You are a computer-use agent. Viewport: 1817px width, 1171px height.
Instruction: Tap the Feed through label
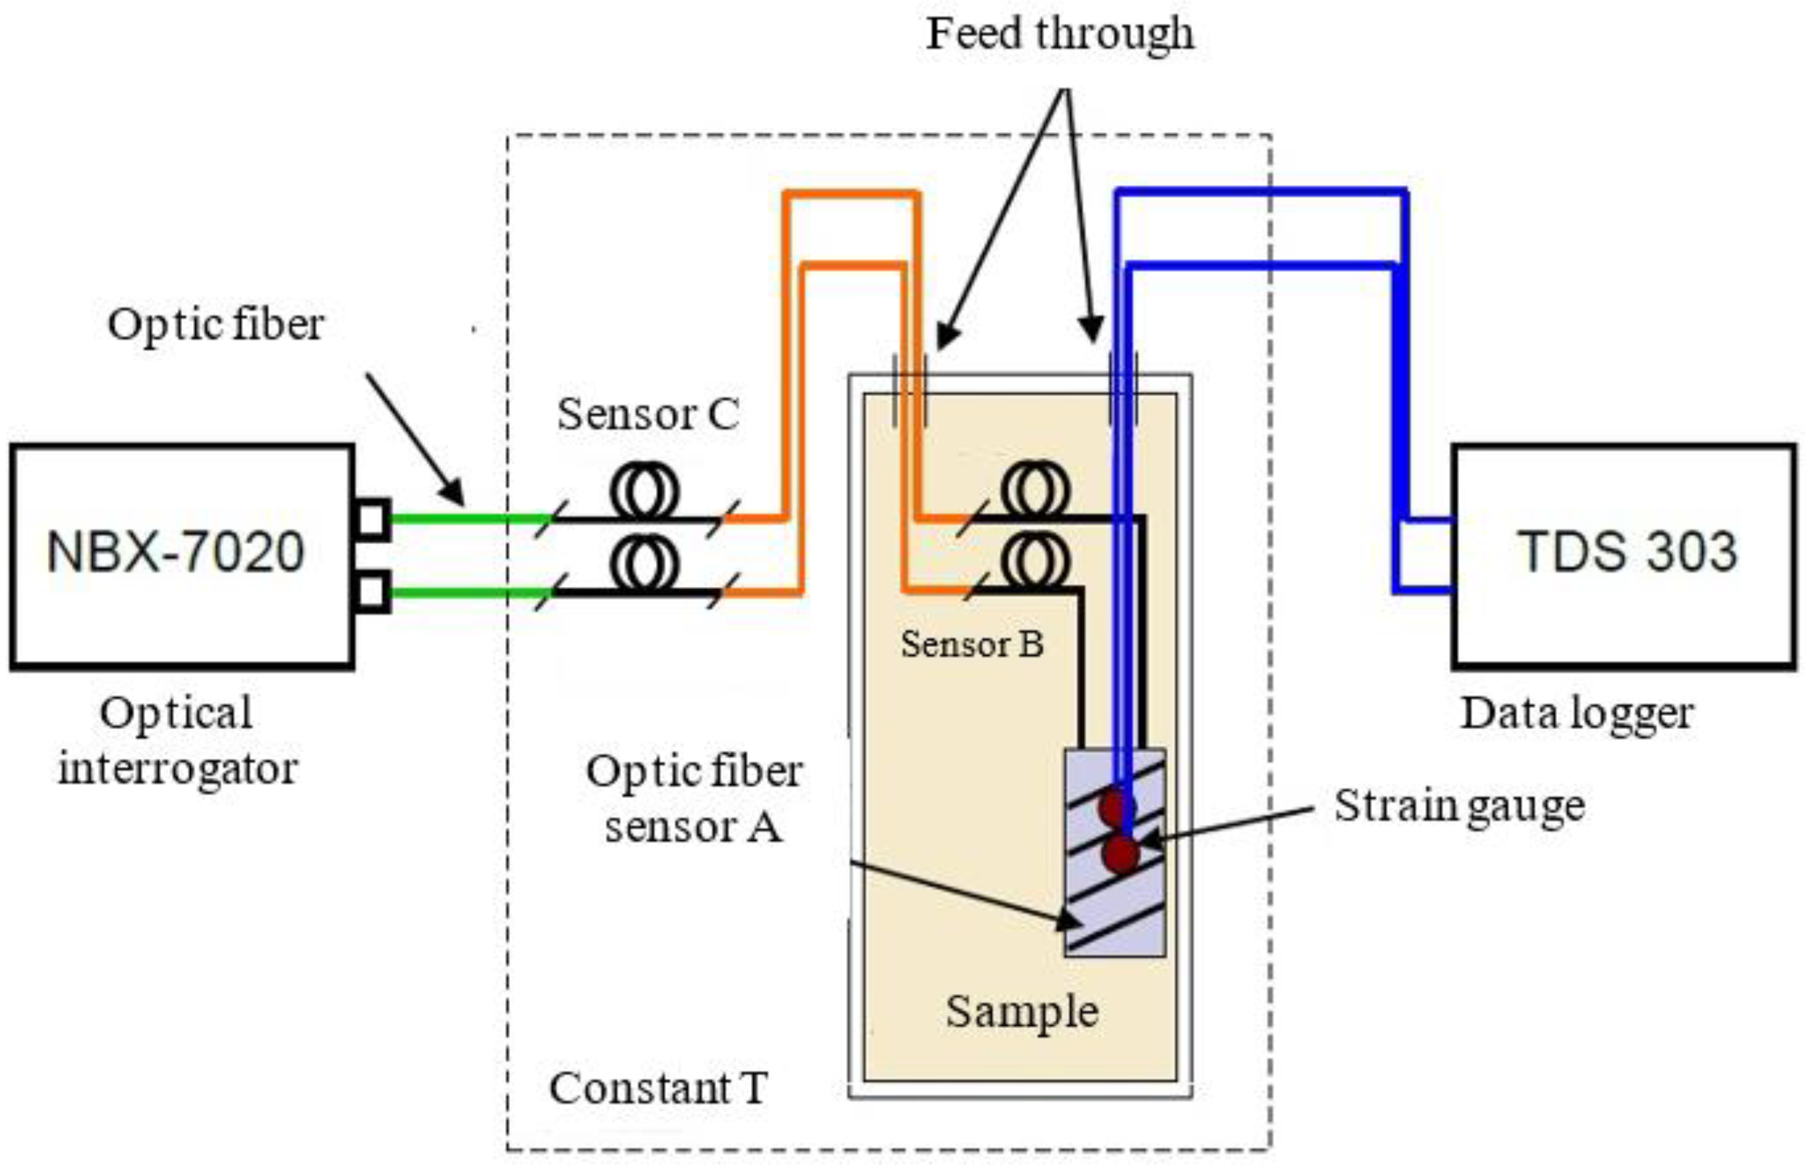coord(1060,33)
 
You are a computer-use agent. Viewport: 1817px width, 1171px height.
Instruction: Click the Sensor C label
coord(648,414)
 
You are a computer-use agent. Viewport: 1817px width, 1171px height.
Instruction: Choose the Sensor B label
coord(972,644)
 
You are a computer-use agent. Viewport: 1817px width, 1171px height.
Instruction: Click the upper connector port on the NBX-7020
coord(373,520)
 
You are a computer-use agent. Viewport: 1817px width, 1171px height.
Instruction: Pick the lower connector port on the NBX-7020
coord(373,592)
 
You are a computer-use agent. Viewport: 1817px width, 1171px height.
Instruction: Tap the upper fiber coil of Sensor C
coord(644,493)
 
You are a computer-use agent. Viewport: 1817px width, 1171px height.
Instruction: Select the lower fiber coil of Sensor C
coord(644,564)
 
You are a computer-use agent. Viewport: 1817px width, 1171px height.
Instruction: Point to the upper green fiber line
coord(471,520)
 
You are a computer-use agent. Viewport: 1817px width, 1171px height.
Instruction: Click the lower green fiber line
coord(471,592)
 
